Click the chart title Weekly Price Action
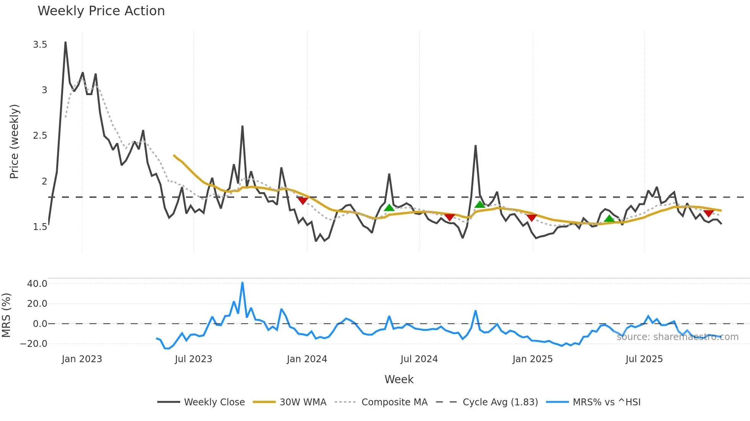coord(101,11)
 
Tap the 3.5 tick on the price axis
coord(40,45)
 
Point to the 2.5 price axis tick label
coord(40,136)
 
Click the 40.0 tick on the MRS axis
coord(37,284)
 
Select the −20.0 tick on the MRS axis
coord(34,343)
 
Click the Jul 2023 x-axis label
coord(193,359)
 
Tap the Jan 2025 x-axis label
coord(532,359)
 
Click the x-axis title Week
coord(399,379)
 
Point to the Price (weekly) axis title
coord(14,141)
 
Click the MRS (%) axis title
coord(7,315)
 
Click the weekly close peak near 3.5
coord(65,42)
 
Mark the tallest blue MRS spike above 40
coord(242,283)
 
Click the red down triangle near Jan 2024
coord(303,201)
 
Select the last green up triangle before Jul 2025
coord(609,219)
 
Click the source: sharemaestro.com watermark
coord(677,337)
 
